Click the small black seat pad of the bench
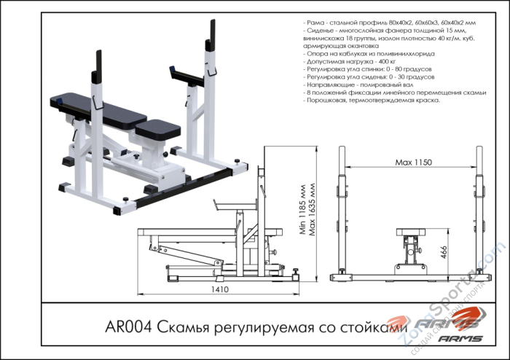click(x=158, y=129)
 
